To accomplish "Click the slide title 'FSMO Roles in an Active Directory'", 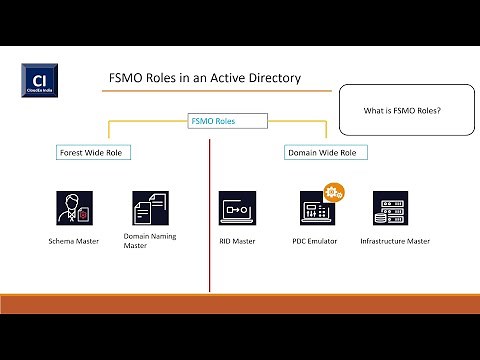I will pyautogui.click(x=204, y=77).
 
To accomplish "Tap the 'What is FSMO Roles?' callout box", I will pyautogui.click(x=406, y=110).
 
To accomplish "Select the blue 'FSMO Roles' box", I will pyautogui.click(x=213, y=122).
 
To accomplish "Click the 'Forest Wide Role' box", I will pyautogui.click(x=95, y=153).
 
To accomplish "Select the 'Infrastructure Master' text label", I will pyautogui.click(x=394, y=241).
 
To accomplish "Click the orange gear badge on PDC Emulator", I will pyautogui.click(x=332, y=190).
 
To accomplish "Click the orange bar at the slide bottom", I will pyautogui.click(x=240, y=304).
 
